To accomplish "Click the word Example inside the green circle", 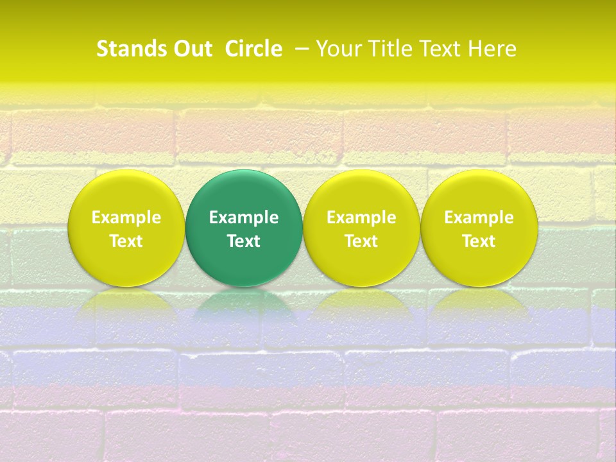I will click(x=244, y=218).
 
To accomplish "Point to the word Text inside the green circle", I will click(x=244, y=241).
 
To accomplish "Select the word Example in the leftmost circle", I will click(x=126, y=218).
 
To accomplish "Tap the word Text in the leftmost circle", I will click(x=126, y=241).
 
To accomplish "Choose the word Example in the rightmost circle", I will click(x=479, y=218).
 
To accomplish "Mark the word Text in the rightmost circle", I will click(x=479, y=241).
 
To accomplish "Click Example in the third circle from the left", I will click(x=361, y=218).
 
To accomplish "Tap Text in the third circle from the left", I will click(x=361, y=241).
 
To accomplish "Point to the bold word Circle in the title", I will click(x=253, y=49).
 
